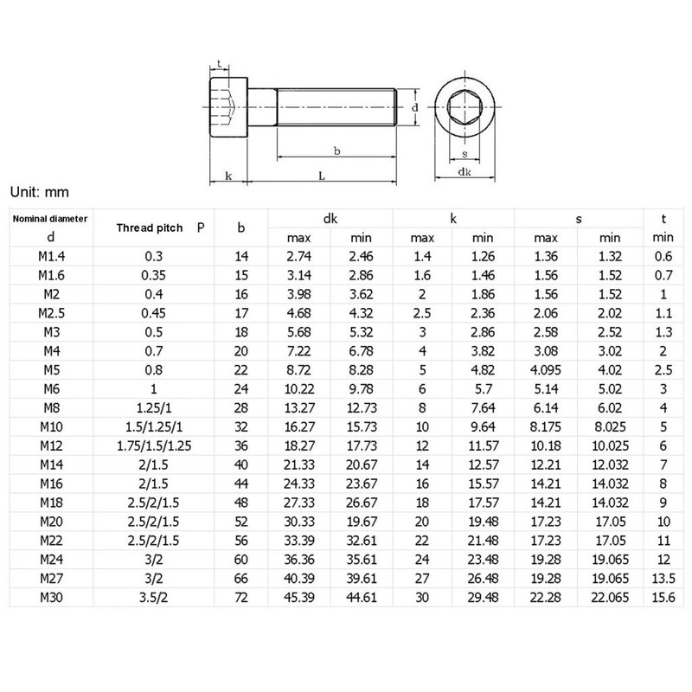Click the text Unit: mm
[x=39, y=190]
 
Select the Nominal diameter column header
[x=51, y=219]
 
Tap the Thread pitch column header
[x=150, y=228]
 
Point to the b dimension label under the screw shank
[x=336, y=151]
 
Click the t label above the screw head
[x=220, y=64]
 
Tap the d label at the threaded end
[x=415, y=107]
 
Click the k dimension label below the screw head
[x=228, y=176]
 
